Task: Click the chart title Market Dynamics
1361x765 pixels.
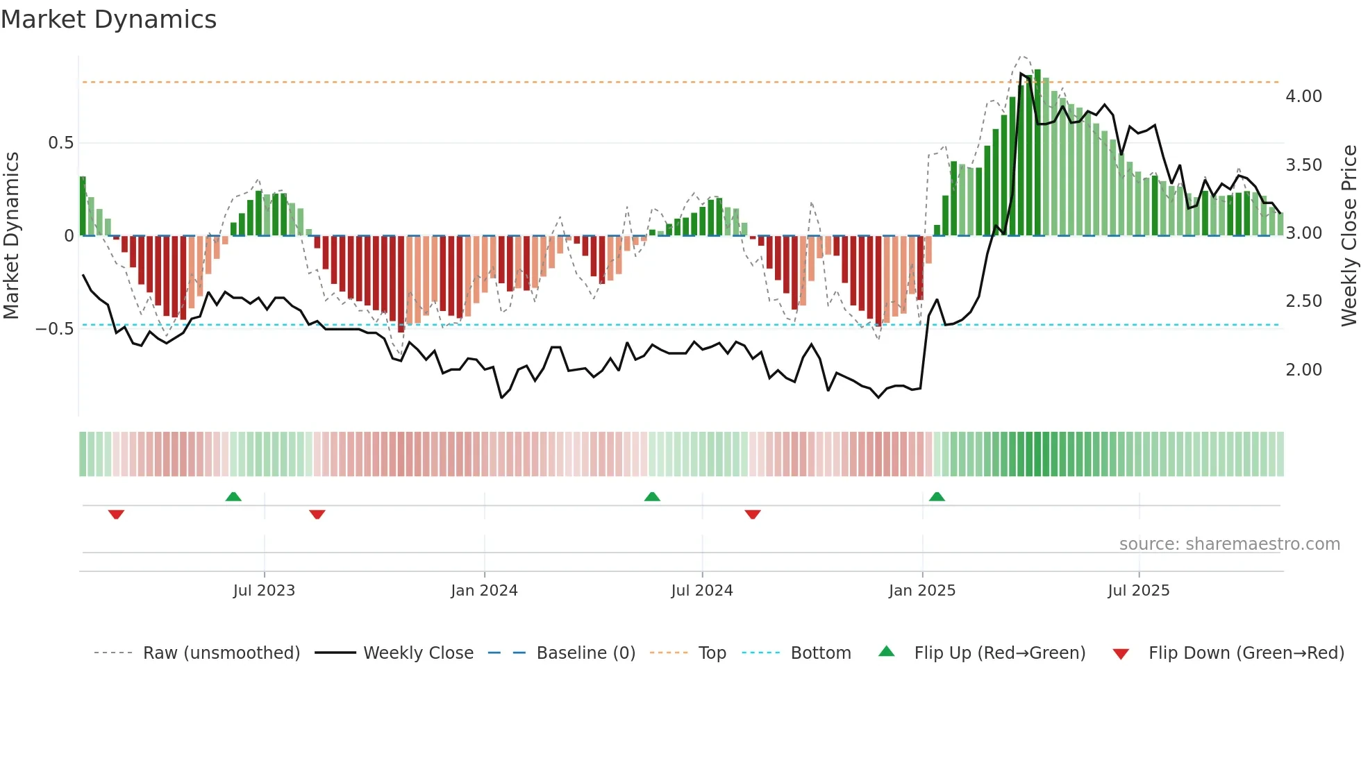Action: click(109, 19)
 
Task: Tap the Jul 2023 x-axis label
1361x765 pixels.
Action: click(264, 591)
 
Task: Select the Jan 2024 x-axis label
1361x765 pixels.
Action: click(484, 591)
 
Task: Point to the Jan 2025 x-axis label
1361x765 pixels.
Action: click(922, 591)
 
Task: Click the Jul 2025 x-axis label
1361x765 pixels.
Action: click(1139, 591)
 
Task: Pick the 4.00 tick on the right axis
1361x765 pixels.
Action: click(1303, 96)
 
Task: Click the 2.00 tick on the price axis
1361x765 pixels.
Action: click(1303, 370)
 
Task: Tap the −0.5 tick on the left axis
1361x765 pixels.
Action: click(55, 329)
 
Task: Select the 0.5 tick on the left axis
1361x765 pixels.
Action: click(60, 143)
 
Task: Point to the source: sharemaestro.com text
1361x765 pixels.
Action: click(1229, 544)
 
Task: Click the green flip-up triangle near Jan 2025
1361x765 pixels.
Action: click(937, 496)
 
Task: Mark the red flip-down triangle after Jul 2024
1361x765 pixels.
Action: click(753, 514)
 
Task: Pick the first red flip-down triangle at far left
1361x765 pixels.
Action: click(116, 514)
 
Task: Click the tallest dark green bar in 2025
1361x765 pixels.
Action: click(1037, 153)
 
